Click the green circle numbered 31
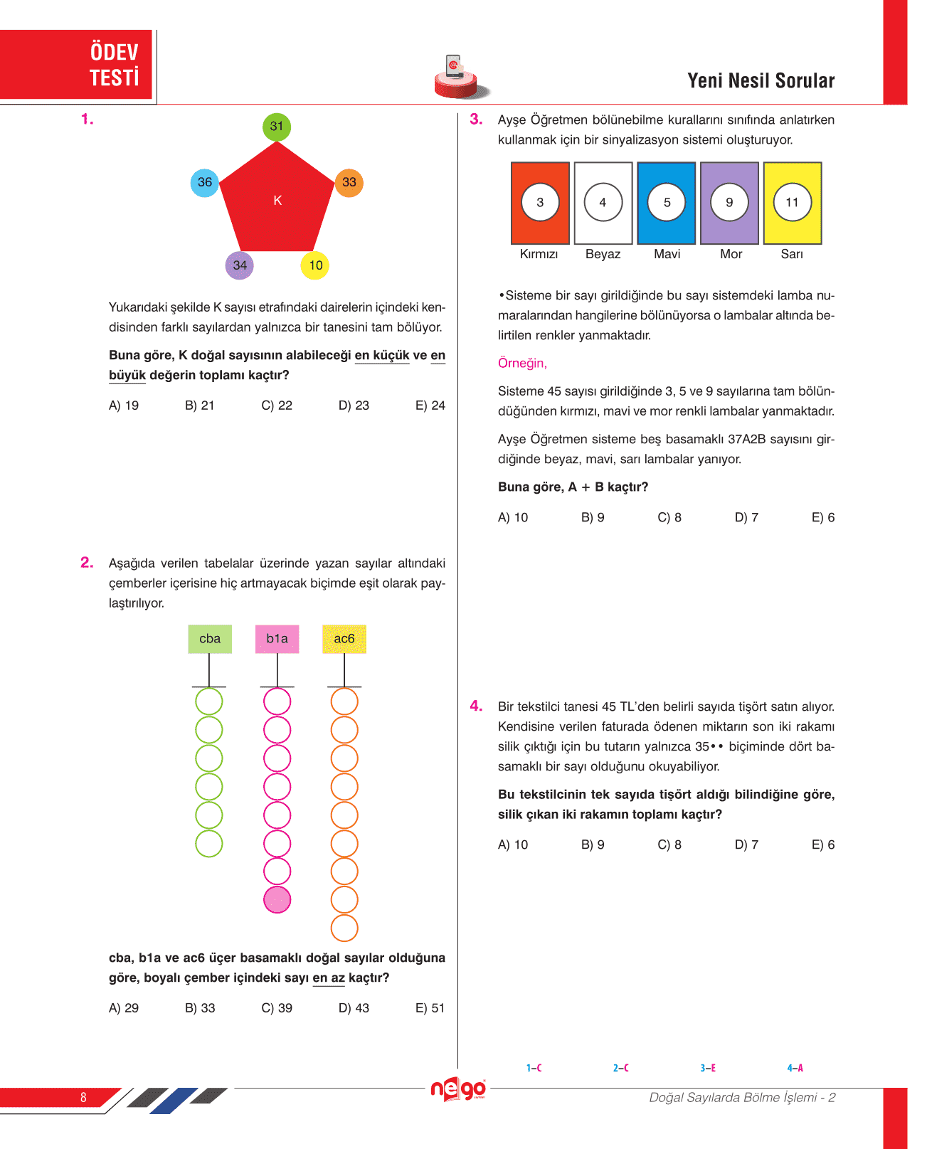point(277,127)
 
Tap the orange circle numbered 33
point(349,182)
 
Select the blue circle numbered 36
point(205,182)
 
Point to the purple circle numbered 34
point(240,265)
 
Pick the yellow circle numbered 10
point(315,265)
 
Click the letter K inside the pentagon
point(277,201)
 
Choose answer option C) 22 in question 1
point(277,406)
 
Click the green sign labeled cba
point(210,639)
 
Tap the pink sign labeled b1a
point(277,639)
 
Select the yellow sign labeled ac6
point(344,639)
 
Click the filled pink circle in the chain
point(277,900)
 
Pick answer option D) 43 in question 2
point(354,1008)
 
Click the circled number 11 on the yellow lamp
point(792,203)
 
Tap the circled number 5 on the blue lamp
point(667,203)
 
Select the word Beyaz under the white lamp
point(603,255)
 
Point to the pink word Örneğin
point(522,364)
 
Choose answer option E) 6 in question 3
point(823,518)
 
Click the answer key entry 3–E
point(708,1068)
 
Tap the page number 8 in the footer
point(83,1097)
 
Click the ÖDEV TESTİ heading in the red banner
point(114,65)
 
